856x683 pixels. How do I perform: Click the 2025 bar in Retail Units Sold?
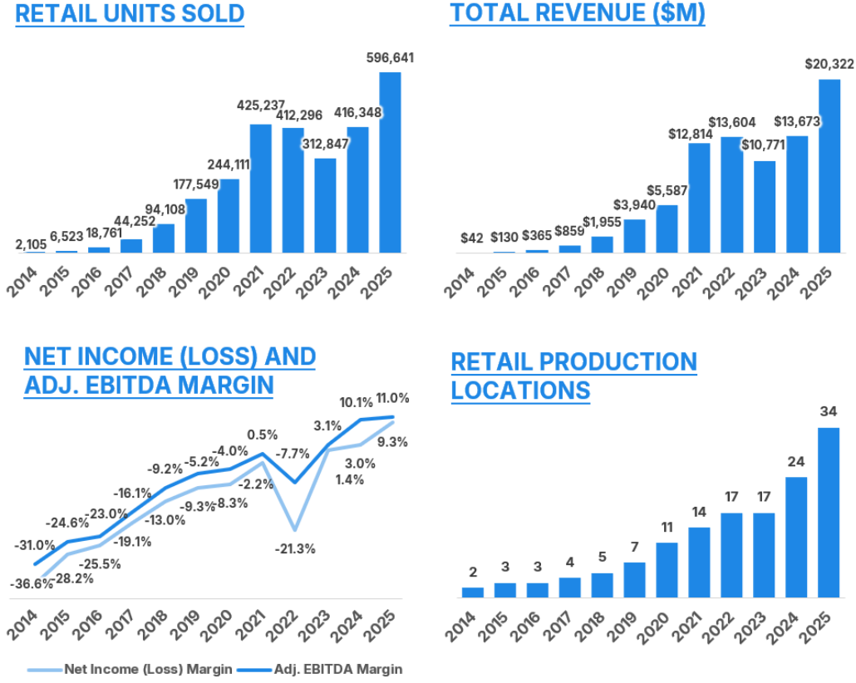(x=390, y=162)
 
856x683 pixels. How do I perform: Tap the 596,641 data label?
(x=390, y=58)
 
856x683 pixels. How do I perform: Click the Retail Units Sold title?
(x=130, y=14)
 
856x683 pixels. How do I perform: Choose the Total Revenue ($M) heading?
(x=578, y=14)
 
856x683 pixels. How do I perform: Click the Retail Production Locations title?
(x=573, y=376)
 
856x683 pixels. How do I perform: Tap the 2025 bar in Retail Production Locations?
(x=829, y=512)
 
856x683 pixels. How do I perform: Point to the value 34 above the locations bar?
(x=829, y=412)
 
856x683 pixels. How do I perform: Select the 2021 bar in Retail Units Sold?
(x=260, y=188)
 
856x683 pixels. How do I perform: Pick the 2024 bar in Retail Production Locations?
(x=796, y=537)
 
